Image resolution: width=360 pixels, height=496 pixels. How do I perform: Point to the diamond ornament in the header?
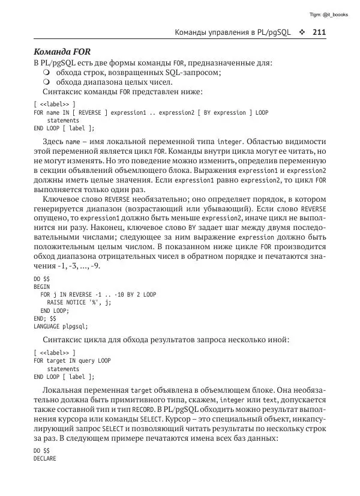[x=302, y=32]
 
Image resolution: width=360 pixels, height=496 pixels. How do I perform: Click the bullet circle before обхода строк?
[x=47, y=73]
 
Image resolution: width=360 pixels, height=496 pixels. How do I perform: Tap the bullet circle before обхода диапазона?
[x=47, y=82]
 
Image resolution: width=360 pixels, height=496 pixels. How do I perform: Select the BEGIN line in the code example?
[x=42, y=287]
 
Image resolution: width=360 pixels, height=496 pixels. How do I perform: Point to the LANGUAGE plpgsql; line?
[x=61, y=326]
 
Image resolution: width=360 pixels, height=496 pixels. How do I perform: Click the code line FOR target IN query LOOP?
[x=72, y=361]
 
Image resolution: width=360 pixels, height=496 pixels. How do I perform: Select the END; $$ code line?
[x=45, y=318]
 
